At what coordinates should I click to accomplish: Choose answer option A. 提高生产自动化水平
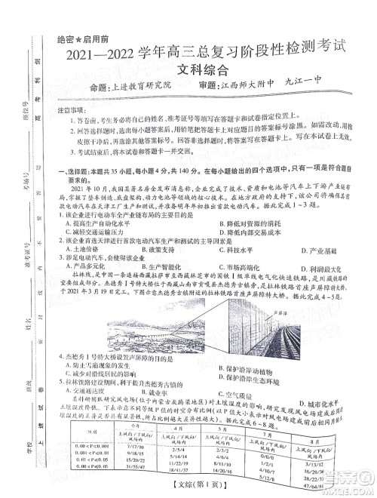coord(105,224)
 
